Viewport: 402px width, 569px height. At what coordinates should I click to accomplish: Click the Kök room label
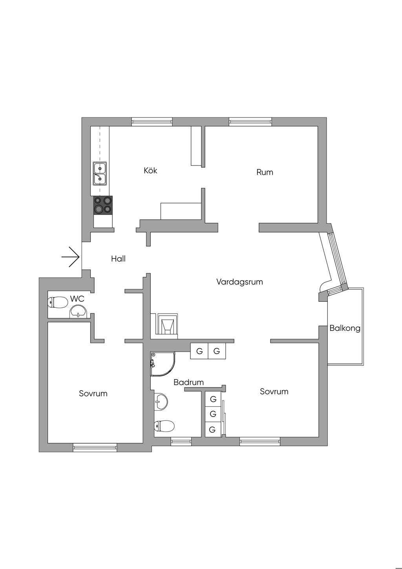150,171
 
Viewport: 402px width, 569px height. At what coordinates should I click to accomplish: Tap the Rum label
265,172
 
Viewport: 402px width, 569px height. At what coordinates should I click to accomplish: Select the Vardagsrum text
239,282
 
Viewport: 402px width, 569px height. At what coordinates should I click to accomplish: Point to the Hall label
118,259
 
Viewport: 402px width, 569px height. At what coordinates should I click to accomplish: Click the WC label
77,299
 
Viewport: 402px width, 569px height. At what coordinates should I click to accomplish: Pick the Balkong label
345,328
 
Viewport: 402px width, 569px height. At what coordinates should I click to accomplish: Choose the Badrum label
188,382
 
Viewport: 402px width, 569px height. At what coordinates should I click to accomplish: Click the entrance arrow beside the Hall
71,257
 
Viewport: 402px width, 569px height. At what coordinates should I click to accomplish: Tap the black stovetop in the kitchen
103,205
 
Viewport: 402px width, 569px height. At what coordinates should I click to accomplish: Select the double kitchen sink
100,174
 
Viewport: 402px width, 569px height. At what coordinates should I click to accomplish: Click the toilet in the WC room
57,303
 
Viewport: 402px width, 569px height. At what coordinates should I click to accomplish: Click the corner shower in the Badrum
162,363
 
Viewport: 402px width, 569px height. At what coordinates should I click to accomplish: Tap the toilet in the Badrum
164,426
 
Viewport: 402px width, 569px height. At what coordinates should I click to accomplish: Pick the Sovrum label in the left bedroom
93,393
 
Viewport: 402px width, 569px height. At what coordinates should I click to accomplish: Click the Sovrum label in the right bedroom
274,391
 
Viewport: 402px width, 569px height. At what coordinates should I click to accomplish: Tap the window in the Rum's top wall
250,122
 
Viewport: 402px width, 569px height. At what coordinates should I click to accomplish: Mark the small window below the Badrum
181,442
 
